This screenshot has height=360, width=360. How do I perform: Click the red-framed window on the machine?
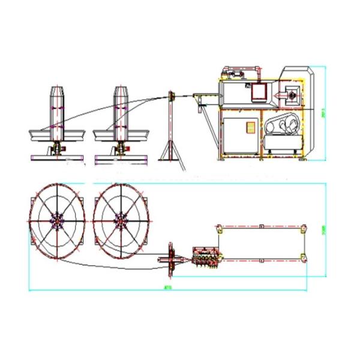[259, 92]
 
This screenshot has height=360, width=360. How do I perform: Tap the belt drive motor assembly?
[282, 128]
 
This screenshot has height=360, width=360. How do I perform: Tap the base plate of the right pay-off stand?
[122, 157]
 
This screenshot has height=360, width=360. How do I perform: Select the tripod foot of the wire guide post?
[171, 154]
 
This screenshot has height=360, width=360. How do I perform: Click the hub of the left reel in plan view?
[58, 222]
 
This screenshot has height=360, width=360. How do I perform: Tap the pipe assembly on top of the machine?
[236, 73]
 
